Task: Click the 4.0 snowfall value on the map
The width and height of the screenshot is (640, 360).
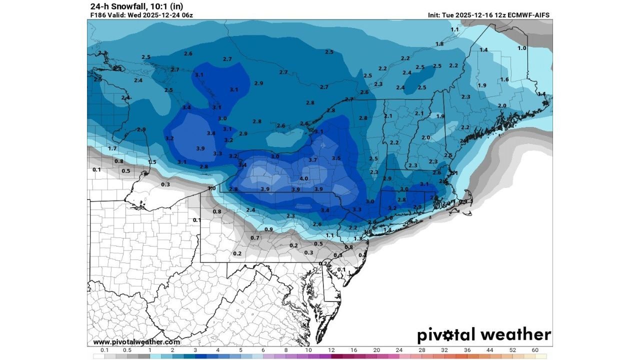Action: tap(303, 178)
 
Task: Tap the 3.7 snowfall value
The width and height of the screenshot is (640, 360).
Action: tap(313, 160)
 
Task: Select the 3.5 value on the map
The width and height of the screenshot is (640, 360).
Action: tap(336, 158)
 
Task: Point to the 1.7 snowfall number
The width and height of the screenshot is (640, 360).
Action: tap(112, 148)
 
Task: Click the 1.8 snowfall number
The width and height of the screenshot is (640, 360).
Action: tap(439, 44)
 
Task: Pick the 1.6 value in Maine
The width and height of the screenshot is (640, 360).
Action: tap(504, 79)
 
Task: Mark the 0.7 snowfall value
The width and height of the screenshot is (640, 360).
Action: tap(255, 237)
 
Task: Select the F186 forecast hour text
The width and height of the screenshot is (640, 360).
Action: tap(98, 15)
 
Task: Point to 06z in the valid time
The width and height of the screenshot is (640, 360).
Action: tap(186, 15)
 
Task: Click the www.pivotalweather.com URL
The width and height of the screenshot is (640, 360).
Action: tap(136, 342)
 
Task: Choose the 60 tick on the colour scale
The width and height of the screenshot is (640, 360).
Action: tap(535, 350)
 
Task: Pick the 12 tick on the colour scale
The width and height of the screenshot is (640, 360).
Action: tap(331, 350)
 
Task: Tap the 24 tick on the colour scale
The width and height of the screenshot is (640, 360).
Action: tap(399, 350)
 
